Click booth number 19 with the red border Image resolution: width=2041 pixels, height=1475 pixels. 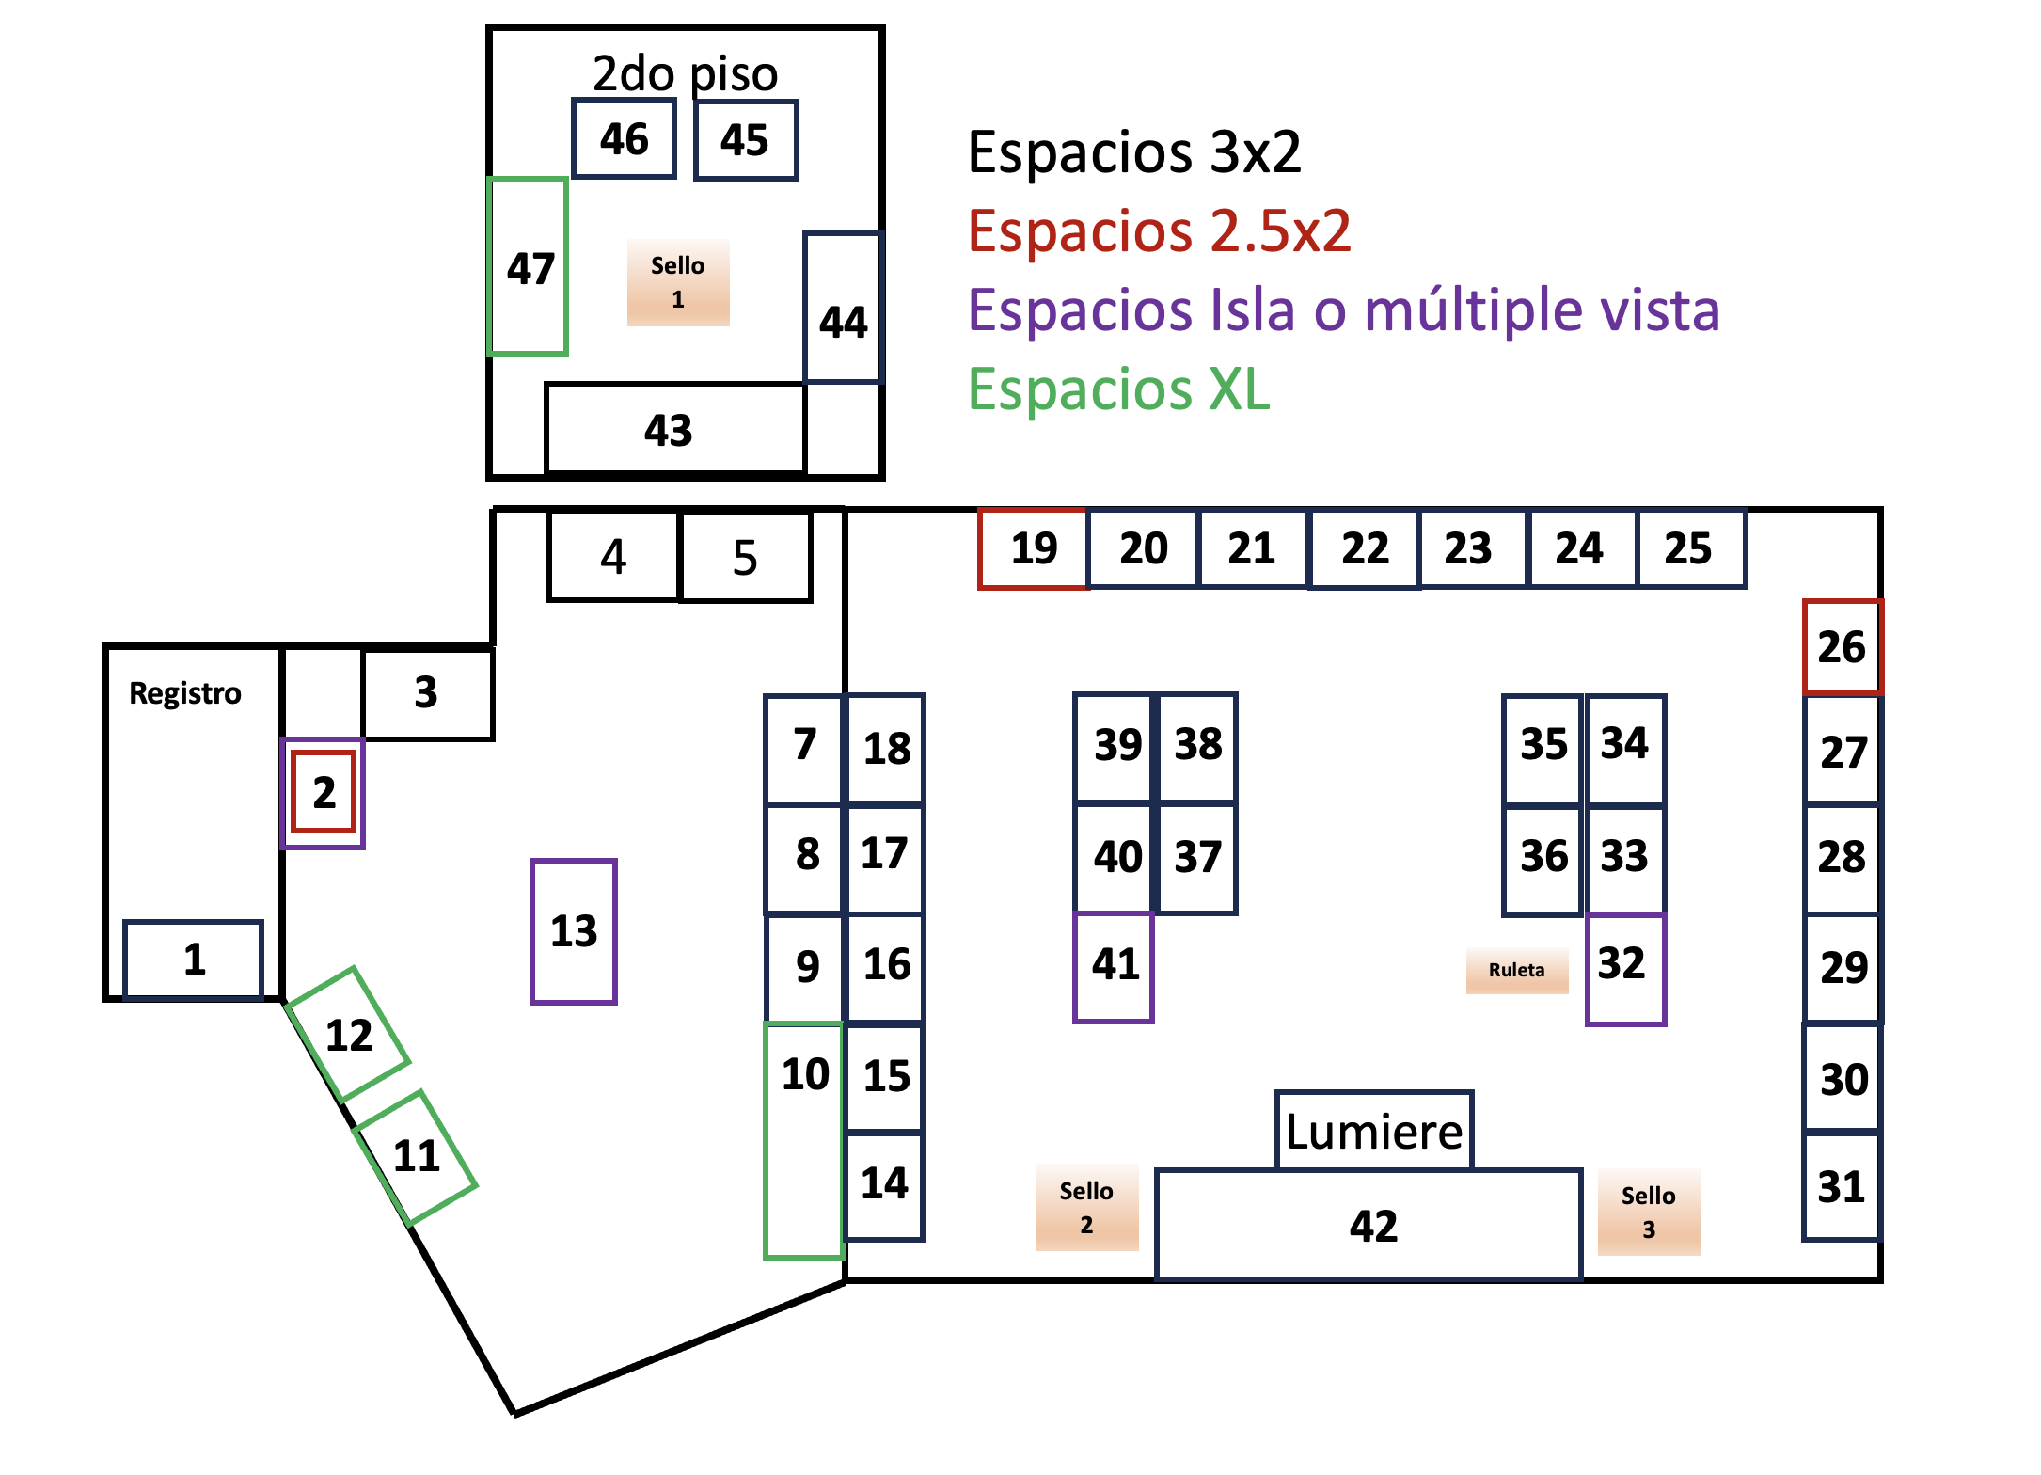(1033, 548)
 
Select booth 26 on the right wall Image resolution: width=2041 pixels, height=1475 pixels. (1842, 647)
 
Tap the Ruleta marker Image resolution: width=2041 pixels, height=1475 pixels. (1516, 970)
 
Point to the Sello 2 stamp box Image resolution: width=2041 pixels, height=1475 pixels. (1086, 1208)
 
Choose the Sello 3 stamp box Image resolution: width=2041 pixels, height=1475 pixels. (1648, 1212)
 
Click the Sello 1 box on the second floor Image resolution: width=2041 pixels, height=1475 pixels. (677, 282)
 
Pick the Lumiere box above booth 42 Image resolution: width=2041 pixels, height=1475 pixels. (1374, 1131)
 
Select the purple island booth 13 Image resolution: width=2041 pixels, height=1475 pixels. (574, 931)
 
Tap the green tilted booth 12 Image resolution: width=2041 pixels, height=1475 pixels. (349, 1035)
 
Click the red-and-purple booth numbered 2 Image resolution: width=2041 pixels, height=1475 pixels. (324, 792)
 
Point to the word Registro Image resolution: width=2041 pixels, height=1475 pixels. (185, 693)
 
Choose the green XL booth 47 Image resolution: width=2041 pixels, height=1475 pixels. (529, 267)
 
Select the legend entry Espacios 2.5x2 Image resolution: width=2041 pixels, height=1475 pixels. (1159, 230)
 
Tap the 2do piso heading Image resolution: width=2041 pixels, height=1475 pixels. (685, 73)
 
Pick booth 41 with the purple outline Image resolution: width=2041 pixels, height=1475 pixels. (1114, 965)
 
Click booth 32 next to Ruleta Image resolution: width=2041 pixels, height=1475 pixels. (1624, 965)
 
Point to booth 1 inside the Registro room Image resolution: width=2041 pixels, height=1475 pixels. (194, 960)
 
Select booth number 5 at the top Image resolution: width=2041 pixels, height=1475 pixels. (745, 557)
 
